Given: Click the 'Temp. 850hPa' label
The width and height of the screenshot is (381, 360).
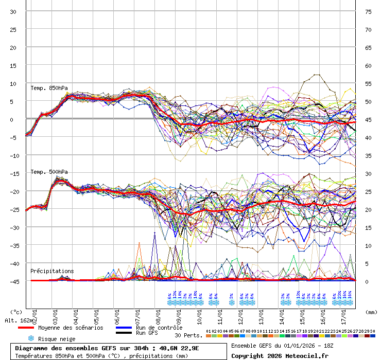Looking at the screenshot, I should point(49,88).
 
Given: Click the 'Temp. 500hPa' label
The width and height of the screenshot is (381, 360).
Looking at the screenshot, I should point(49,172).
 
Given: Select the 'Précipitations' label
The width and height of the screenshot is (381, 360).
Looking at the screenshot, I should point(51,271).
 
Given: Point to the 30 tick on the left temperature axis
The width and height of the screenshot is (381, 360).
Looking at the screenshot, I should point(13,11).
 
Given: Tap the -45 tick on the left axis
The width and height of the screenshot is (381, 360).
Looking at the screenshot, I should point(13,281).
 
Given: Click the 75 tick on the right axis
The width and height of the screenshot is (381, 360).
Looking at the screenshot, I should point(368,11).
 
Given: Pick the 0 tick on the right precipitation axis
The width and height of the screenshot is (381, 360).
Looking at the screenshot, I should point(367,281).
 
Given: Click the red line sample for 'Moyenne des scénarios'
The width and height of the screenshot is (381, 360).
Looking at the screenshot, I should point(32,328).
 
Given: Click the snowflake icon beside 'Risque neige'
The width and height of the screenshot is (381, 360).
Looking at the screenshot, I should point(30,338).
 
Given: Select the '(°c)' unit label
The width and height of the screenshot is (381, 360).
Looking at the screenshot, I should point(16,312).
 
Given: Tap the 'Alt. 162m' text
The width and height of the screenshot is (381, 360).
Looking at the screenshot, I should point(18,320).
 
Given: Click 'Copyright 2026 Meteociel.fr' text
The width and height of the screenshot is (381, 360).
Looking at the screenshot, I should point(280,355).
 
